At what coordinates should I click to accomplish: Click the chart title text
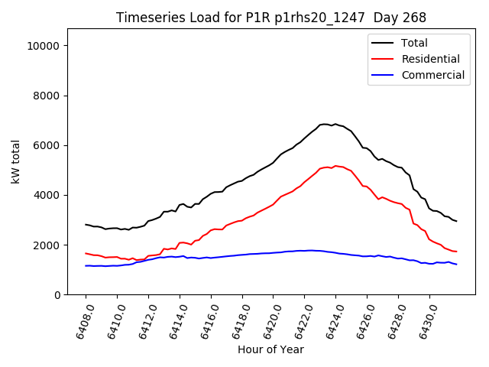pos(270,18)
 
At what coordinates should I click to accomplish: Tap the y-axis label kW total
pos(16,161)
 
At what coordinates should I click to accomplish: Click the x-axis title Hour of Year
pos(270,349)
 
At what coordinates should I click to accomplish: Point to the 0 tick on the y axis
pos(57,294)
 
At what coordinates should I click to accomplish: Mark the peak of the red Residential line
pos(335,165)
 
